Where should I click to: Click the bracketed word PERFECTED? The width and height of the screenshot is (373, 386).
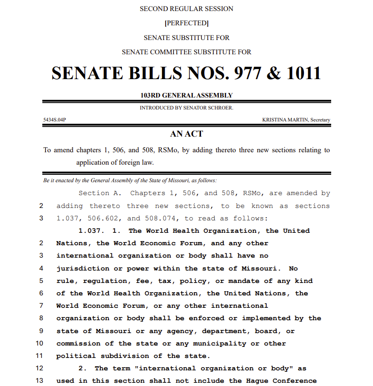[186, 23]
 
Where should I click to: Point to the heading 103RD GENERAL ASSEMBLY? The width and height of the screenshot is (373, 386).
[186, 96]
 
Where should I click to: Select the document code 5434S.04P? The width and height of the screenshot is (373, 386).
[55, 120]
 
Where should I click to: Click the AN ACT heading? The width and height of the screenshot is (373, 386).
[186, 134]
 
